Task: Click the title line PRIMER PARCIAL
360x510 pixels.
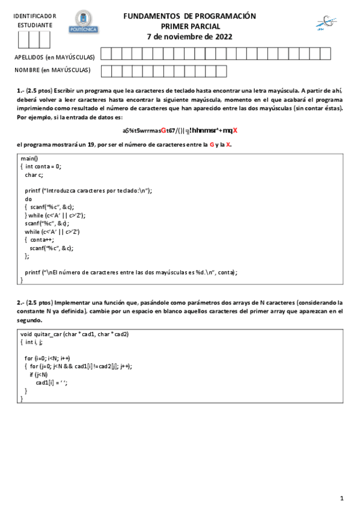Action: pos(190,26)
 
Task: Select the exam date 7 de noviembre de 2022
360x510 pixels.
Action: pos(189,36)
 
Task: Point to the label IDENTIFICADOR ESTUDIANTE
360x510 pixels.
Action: pos(34,20)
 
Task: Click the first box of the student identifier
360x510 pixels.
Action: pos(23,40)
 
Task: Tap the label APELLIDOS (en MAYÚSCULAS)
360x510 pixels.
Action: pos(55,57)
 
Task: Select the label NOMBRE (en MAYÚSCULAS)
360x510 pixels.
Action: pos(52,70)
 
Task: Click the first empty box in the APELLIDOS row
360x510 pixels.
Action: pos(106,55)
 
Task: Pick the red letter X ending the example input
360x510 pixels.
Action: pos(236,131)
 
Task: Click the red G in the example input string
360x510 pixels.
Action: pos(163,131)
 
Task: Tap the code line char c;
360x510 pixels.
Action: pos(34,174)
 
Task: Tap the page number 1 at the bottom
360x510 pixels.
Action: pos(341,498)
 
